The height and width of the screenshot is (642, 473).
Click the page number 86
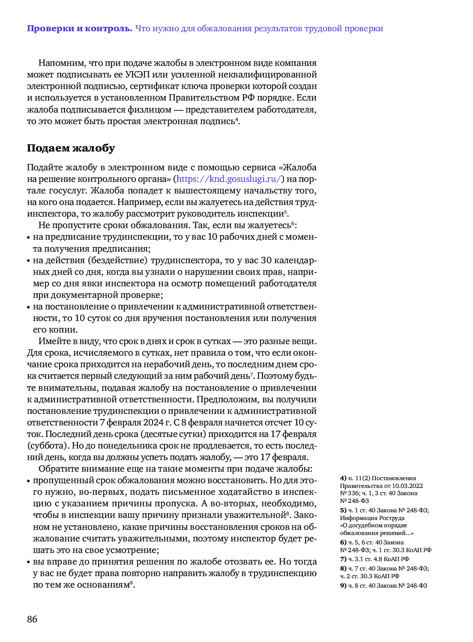click(32, 619)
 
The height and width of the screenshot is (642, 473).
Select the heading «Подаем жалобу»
click(71, 148)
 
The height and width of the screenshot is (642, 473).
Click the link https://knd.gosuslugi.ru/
click(229, 179)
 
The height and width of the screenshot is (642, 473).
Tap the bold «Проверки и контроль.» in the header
click(80, 29)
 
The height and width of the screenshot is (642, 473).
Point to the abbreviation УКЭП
click(137, 74)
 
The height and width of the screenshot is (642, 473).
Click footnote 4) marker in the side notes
click(343, 478)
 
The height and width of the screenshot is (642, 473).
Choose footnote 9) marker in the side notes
click(343, 586)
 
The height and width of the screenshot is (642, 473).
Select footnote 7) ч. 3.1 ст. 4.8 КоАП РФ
click(375, 559)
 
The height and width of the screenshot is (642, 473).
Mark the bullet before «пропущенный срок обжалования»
click(29, 481)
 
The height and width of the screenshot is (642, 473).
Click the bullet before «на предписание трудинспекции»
click(29, 238)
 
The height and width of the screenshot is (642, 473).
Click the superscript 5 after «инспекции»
click(285, 211)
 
